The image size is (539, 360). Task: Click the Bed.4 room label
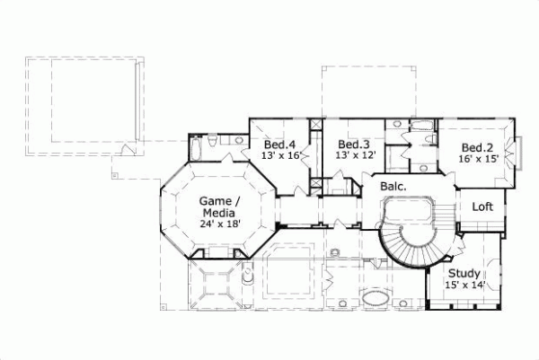coord(279,145)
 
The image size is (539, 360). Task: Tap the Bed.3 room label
coord(353,145)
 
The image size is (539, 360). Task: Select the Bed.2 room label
coord(477,148)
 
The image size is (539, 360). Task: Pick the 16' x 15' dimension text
coord(477,160)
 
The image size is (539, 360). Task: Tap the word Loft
coord(483,206)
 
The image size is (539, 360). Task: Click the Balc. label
coord(393,187)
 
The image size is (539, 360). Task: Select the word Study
coord(464,273)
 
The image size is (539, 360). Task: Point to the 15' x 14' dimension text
coord(465,285)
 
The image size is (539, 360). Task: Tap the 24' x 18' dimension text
coord(219,225)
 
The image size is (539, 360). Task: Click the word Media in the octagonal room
coord(219,213)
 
